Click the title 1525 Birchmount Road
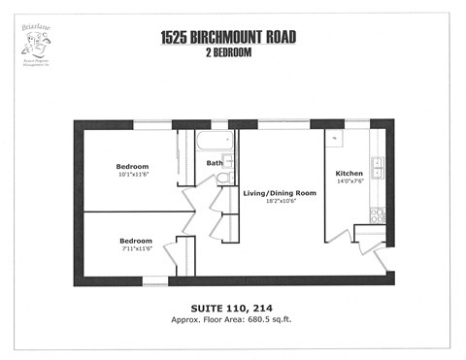228,38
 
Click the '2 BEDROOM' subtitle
228,52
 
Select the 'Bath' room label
214,163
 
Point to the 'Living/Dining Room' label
280,193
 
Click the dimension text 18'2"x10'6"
280,203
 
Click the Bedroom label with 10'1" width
132,166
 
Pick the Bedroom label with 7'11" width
136,240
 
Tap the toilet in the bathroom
223,179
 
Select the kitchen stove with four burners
378,215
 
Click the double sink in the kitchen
379,168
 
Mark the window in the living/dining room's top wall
283,124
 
